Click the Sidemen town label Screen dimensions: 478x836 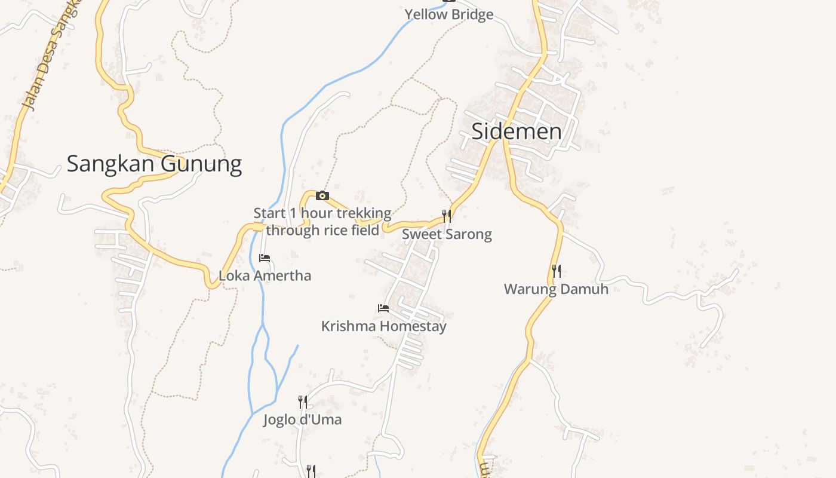point(517,131)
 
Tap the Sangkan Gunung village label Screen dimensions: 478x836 point(154,163)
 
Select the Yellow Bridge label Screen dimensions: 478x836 point(449,14)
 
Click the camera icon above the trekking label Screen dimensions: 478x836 point(322,195)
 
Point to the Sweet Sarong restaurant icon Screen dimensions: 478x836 point(447,216)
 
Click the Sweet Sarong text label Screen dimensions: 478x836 point(447,234)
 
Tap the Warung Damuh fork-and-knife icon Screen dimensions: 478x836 point(556,271)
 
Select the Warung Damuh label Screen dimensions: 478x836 point(556,289)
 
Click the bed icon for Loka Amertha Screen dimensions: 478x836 point(265,258)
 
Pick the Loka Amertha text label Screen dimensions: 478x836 point(265,276)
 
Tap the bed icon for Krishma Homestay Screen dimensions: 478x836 point(383,308)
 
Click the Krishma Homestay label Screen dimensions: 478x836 point(383,326)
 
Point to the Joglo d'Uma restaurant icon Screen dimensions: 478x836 point(303,402)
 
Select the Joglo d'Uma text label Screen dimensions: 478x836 point(303,419)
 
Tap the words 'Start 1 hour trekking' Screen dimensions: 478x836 point(322,213)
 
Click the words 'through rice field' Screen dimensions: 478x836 point(322,230)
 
